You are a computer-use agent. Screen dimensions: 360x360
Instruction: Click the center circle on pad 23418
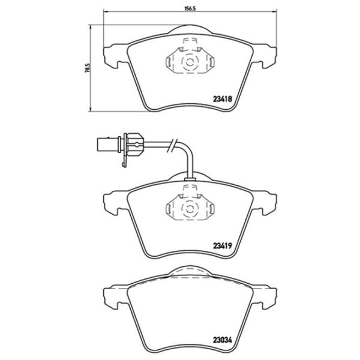188,61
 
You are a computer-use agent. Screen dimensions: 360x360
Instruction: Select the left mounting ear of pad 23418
112,56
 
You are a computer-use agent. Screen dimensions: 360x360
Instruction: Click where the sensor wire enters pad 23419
189,176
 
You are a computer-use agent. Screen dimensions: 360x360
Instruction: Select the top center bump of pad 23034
188,271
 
